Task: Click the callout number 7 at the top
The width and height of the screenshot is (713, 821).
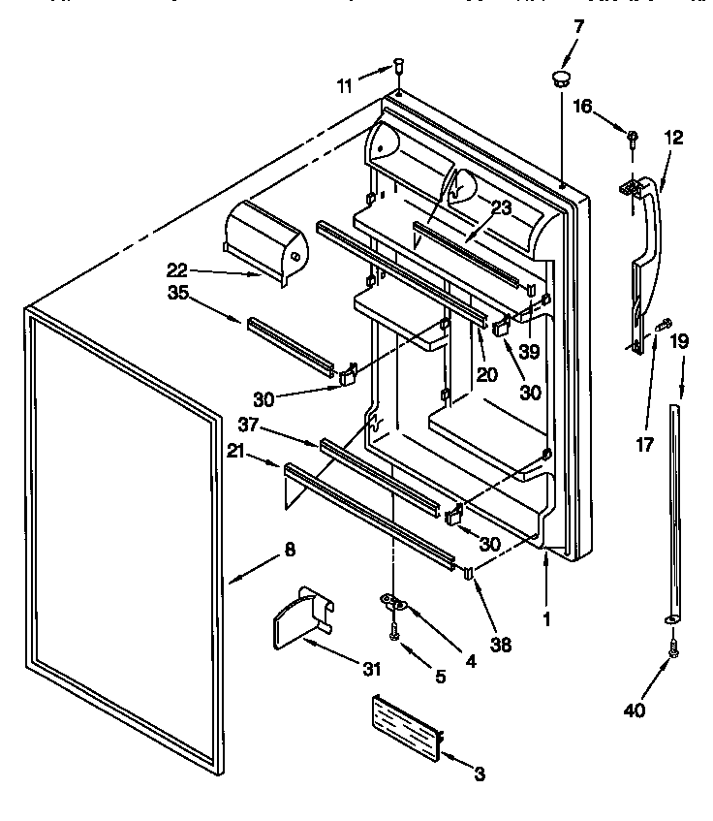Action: [x=578, y=26]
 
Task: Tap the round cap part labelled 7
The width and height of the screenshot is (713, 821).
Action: [x=561, y=78]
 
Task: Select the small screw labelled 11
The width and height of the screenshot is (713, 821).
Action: [x=397, y=67]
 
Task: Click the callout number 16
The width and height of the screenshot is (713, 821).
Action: [x=582, y=108]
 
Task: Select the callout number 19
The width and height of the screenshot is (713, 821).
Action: [x=679, y=340]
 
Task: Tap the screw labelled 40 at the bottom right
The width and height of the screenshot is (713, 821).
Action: [x=673, y=650]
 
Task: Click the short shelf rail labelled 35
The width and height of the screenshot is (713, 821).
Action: [x=291, y=340]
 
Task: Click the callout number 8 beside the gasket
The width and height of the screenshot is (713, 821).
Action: [x=290, y=550]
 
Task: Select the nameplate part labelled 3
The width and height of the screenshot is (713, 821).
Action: [x=404, y=725]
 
